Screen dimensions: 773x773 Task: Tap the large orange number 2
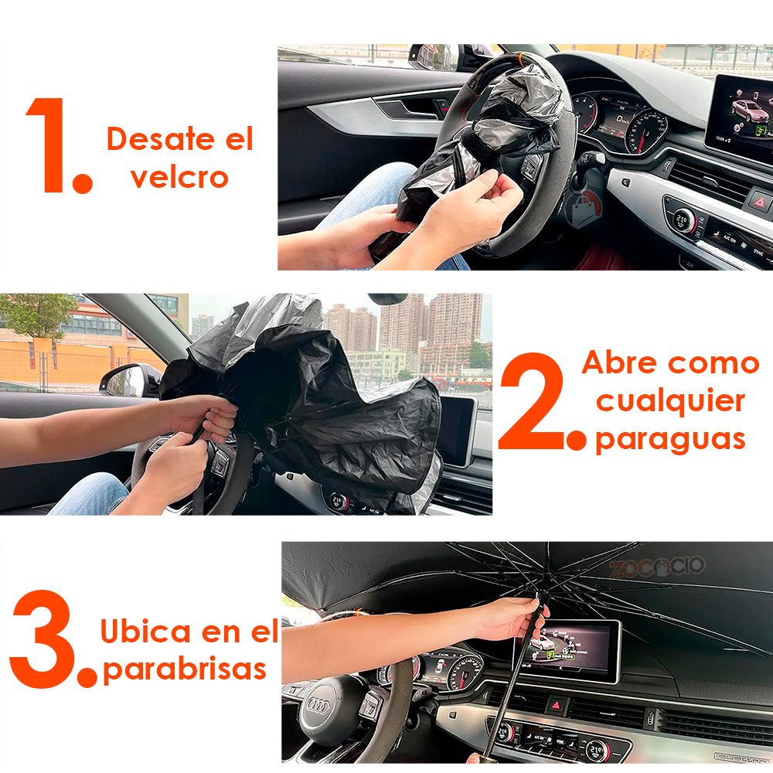pyautogui.click(x=535, y=403)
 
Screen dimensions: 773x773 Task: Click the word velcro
pyautogui.click(x=179, y=178)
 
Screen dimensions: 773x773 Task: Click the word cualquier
pyautogui.click(x=670, y=401)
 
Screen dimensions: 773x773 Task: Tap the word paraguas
pyautogui.click(x=669, y=439)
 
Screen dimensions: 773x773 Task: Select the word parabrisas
pyautogui.click(x=185, y=669)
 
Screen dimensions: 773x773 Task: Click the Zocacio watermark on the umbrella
pyautogui.click(x=656, y=567)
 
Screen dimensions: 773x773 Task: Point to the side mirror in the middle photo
pyautogui.click(x=128, y=380)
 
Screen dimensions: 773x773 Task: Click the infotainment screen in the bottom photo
pyautogui.click(x=569, y=649)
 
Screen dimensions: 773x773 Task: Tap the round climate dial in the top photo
pyautogui.click(x=684, y=220)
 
